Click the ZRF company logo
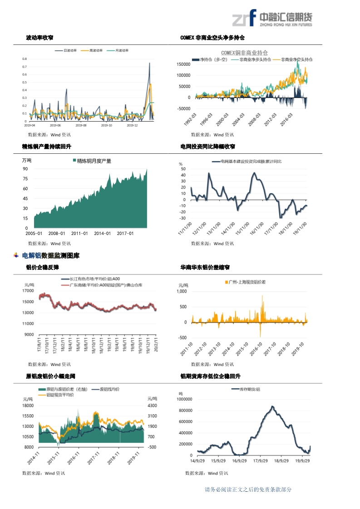tap(272, 19)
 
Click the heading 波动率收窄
tap(39, 38)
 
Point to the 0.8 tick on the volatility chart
tap(25, 59)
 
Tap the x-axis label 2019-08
tap(81, 125)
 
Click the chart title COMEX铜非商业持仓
tap(244, 53)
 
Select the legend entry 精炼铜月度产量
tap(94, 161)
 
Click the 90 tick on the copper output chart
tap(25, 169)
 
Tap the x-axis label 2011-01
tap(79, 234)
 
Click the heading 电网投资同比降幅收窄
tap(207, 147)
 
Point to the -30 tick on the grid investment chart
tap(183, 218)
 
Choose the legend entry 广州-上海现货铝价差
tap(247, 282)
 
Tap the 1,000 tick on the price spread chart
tap(181, 292)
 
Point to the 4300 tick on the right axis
tap(152, 406)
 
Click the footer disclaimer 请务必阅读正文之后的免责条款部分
tap(248, 489)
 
